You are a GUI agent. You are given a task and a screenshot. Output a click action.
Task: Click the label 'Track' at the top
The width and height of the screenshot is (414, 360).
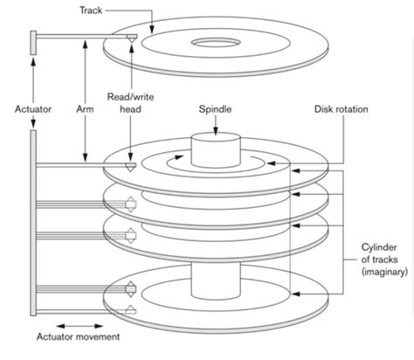click(x=114, y=8)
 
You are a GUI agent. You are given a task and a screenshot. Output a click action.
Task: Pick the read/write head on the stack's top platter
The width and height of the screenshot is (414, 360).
click(x=131, y=164)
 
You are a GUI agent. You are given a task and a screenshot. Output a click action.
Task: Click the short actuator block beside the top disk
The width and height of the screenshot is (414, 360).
click(x=33, y=42)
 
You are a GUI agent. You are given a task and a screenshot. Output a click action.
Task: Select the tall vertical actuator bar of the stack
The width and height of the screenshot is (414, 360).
click(x=33, y=218)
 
